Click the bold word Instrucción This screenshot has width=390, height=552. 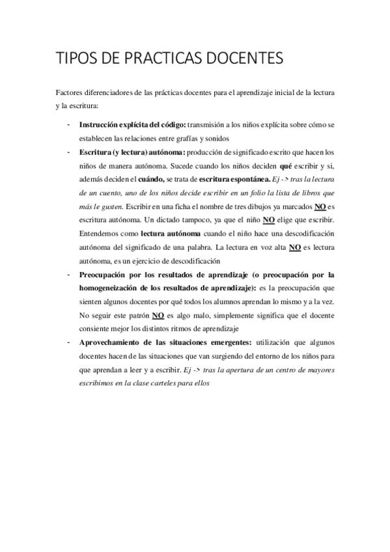(x=98, y=124)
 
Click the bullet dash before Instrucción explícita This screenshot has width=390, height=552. (x=68, y=124)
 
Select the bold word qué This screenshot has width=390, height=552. (x=284, y=165)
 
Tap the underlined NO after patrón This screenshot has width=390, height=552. (x=158, y=316)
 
